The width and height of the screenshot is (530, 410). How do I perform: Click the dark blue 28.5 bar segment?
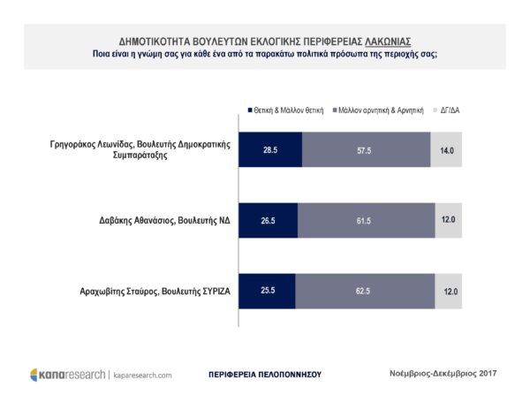[270, 149]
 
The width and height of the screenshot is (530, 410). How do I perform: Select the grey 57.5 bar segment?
[367, 149]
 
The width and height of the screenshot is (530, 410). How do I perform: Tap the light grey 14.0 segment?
[446, 149]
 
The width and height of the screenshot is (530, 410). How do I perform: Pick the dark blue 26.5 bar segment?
[269, 220]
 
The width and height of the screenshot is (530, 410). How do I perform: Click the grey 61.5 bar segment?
[367, 220]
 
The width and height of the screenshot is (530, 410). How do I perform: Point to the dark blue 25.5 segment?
[267, 291]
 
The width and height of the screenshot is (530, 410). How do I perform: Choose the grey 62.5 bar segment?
[365, 291]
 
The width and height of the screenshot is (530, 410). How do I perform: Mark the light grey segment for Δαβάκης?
[449, 220]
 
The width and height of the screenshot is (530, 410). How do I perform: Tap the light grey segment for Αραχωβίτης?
[449, 291]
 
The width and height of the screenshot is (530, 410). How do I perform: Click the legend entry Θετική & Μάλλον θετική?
[285, 110]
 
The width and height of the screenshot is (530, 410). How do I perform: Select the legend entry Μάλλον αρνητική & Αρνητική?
[378, 110]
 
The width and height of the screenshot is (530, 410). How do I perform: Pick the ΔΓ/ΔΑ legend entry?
[446, 110]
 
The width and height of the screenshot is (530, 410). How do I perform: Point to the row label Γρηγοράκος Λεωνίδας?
[88, 145]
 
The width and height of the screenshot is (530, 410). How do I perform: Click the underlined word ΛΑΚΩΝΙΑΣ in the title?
[388, 42]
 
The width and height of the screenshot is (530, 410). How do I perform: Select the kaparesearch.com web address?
[142, 376]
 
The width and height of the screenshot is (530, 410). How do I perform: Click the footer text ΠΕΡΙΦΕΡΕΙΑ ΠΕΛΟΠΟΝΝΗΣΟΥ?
[265, 375]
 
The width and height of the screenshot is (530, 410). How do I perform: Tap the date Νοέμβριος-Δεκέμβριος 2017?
[443, 374]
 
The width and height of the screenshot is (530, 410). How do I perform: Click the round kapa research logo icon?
[34, 375]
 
